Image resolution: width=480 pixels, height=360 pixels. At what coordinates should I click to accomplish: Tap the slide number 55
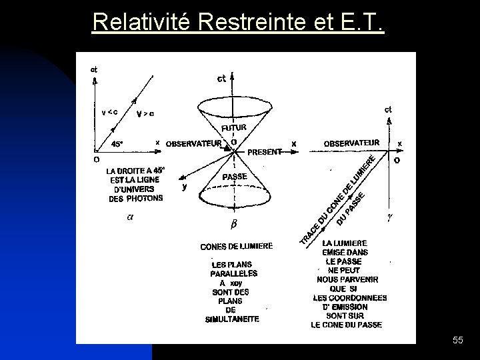[x=457, y=341]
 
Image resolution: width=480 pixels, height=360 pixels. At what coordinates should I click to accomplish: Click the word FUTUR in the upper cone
[x=234, y=127]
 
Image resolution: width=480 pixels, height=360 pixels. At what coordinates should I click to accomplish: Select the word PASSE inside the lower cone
[x=234, y=177]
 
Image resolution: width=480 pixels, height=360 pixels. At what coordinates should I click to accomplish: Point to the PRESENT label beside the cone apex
[x=265, y=152]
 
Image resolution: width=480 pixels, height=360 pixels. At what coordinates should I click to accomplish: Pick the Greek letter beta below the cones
[x=233, y=223]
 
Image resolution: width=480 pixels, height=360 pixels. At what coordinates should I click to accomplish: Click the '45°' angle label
[x=117, y=143]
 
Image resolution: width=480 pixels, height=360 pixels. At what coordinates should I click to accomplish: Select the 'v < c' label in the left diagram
[x=109, y=112]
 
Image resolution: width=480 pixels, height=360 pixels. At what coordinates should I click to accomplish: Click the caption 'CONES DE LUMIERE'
[x=237, y=247]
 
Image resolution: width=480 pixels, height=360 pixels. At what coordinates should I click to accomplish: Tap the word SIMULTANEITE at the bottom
[x=232, y=319]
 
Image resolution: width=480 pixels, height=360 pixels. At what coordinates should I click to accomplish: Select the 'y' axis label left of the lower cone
[x=184, y=187]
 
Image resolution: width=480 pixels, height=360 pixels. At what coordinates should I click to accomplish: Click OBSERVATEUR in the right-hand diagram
[x=351, y=143]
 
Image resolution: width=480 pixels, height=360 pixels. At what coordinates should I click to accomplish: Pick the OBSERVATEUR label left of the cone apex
[x=193, y=143]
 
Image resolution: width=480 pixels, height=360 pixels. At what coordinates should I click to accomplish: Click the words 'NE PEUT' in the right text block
[x=344, y=271]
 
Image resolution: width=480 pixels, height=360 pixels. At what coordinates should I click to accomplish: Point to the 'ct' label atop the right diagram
[x=388, y=109]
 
